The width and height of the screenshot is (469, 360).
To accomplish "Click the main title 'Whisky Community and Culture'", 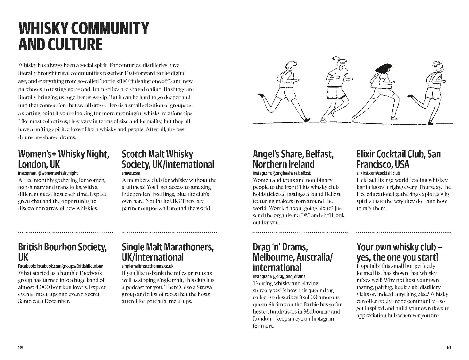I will coord(84,36).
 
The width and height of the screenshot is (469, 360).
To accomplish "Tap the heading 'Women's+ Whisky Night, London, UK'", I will coord(63,159).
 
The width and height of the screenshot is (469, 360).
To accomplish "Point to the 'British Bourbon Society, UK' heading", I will coord(62,252).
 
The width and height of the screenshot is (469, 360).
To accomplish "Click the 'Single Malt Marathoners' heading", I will coord(167,252).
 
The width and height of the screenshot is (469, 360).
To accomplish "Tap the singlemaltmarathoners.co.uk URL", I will coord(147,266).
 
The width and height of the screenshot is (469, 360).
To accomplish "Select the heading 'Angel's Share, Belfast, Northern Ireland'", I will coord(293,159).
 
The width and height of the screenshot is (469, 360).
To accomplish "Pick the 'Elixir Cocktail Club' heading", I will coord(398,159).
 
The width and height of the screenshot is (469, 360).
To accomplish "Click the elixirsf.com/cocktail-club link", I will coord(378,173).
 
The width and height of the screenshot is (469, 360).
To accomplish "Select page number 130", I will coord(21,347).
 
